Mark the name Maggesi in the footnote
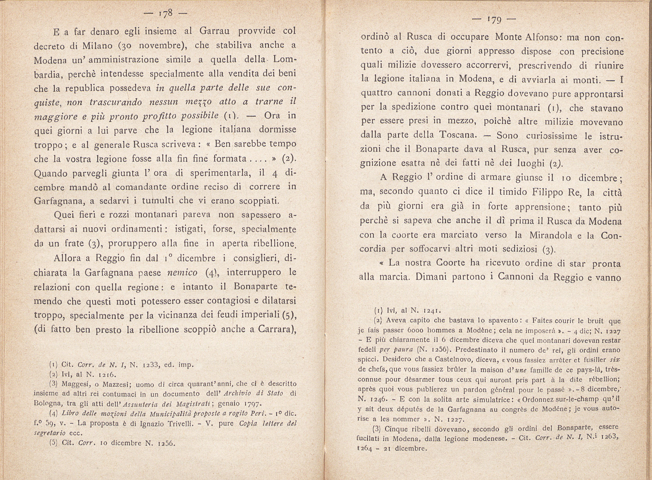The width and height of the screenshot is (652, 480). [73, 383]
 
